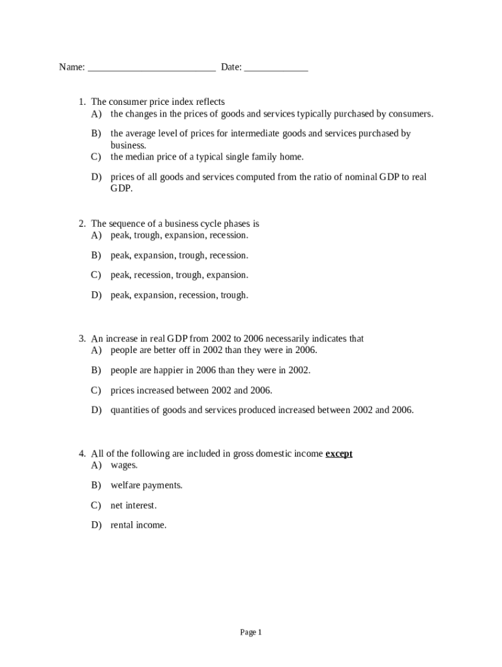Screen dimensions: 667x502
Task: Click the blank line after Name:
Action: click(x=151, y=68)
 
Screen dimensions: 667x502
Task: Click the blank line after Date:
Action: click(x=276, y=68)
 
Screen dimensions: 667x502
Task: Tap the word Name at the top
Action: click(x=70, y=67)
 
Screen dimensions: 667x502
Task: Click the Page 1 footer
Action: click(x=250, y=632)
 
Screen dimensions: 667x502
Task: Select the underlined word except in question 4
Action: click(x=338, y=453)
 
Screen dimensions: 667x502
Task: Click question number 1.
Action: click(x=82, y=102)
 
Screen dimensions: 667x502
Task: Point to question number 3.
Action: click(x=82, y=339)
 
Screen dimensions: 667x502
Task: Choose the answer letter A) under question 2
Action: click(x=96, y=235)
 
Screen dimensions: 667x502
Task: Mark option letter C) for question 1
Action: click(x=96, y=157)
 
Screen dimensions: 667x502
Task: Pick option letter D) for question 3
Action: click(x=96, y=410)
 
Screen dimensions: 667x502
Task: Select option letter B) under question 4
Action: click(x=96, y=485)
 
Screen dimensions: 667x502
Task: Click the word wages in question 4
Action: click(x=124, y=466)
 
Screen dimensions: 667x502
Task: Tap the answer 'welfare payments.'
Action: click(x=147, y=485)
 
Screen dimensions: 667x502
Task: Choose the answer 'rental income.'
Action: click(x=138, y=525)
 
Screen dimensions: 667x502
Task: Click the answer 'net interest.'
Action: click(x=134, y=505)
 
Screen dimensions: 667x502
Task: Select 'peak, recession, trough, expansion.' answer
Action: click(x=179, y=275)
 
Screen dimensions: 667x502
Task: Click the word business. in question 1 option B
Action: click(x=128, y=145)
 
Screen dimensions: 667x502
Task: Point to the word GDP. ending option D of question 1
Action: click(x=121, y=189)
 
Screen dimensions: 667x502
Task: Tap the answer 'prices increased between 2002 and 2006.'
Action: click(x=191, y=391)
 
